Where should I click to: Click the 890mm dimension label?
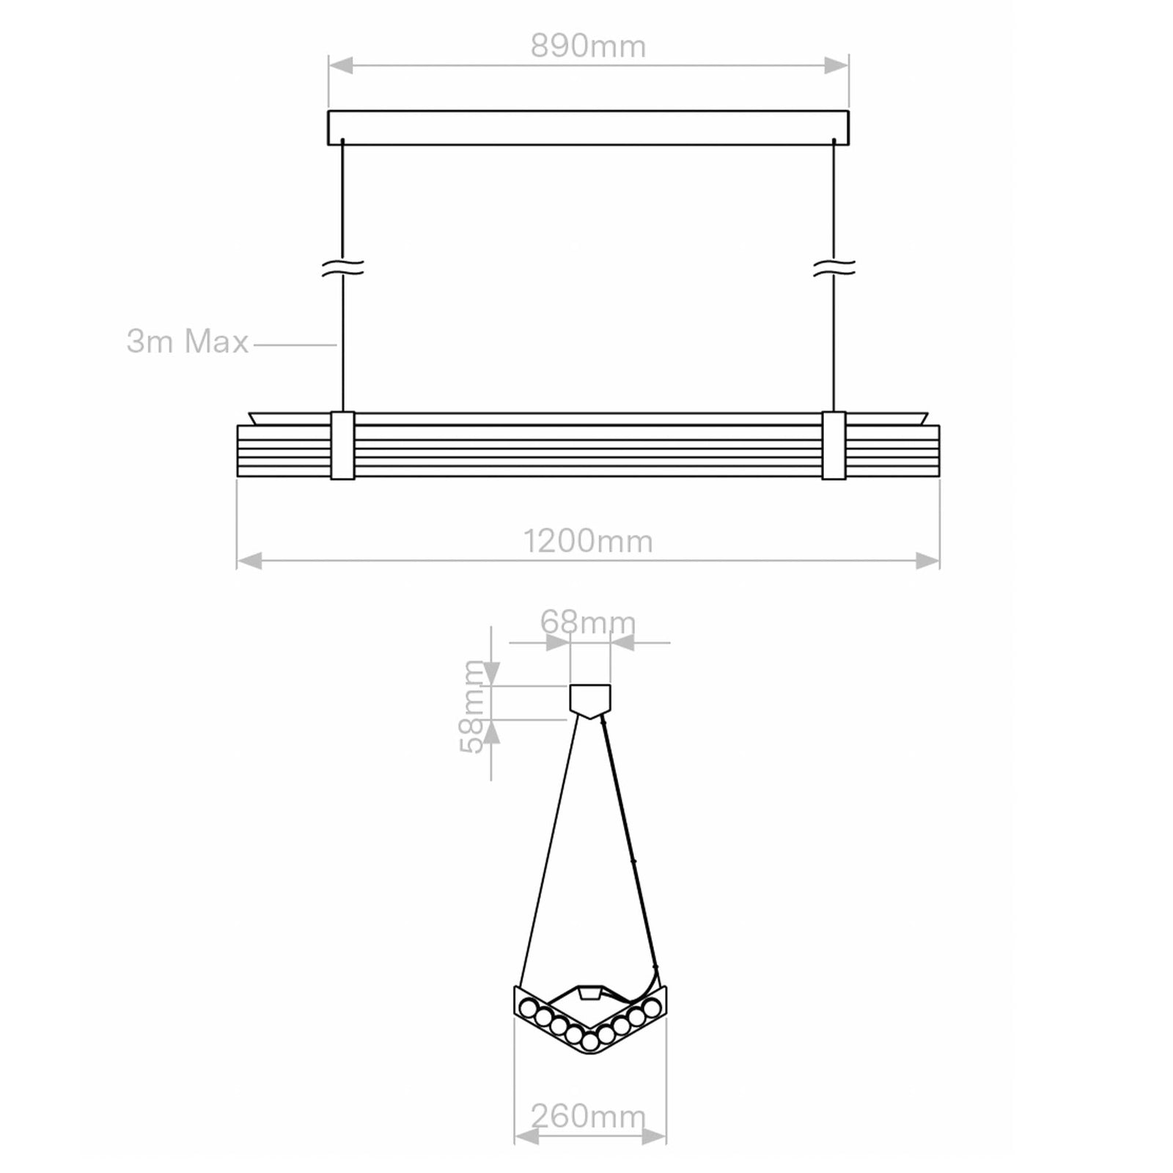(x=588, y=47)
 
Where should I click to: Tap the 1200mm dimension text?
(x=588, y=542)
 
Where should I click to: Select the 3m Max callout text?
(x=188, y=342)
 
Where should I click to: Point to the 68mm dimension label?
(x=588, y=622)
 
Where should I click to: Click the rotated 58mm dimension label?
(x=473, y=706)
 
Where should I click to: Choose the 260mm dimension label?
(x=588, y=1117)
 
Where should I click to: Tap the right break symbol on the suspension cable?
(x=834, y=268)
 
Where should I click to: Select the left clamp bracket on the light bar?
(x=342, y=446)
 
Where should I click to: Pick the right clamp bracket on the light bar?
(x=834, y=446)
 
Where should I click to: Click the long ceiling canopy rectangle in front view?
(x=588, y=128)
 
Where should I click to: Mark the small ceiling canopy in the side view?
(x=590, y=697)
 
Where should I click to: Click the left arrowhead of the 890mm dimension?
(x=340, y=66)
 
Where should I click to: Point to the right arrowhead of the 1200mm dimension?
(x=928, y=562)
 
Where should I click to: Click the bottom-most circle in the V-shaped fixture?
(x=590, y=1041)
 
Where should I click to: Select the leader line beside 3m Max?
(x=293, y=344)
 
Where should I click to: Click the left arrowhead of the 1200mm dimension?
(x=249, y=562)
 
